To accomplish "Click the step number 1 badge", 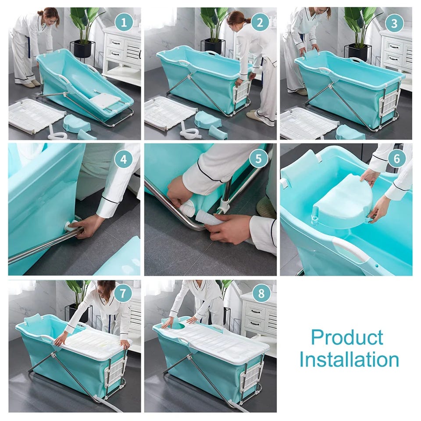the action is (x=124, y=22).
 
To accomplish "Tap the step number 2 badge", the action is (x=260, y=22).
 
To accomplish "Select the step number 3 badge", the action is (x=394, y=23).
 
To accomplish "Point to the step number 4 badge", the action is (x=124, y=159).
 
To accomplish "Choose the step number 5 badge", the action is (x=258, y=158).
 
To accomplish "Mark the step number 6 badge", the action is (x=397, y=158).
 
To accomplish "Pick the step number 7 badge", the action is (x=123, y=293).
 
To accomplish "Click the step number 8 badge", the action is (x=261, y=293).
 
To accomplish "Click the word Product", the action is (x=347, y=337).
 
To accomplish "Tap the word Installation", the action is (x=349, y=359).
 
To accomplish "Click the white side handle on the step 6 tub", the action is (x=350, y=250).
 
